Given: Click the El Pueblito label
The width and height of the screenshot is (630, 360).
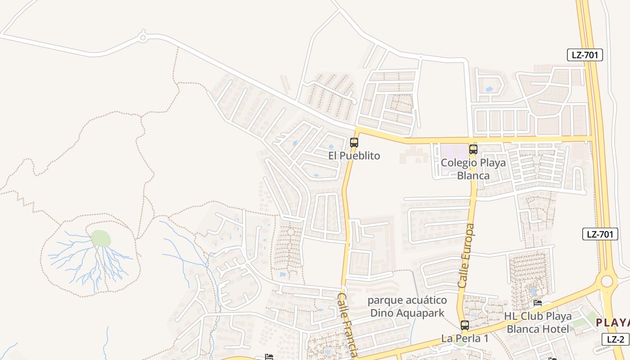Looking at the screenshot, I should (x=354, y=156).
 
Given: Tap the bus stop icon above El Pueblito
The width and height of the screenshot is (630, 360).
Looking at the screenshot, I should (x=354, y=143).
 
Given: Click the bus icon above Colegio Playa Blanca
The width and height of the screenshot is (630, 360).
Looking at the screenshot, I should (x=473, y=149).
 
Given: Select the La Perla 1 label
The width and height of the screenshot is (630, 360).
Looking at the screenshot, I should (x=464, y=338).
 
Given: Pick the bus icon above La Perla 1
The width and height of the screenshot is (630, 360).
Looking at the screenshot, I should (x=464, y=325).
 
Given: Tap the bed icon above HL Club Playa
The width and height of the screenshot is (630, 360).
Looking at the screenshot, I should (x=537, y=303).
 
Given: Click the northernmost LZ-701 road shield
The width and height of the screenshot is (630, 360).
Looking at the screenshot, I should (x=585, y=55).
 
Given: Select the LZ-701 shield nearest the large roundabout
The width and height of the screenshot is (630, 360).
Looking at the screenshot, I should (x=600, y=234).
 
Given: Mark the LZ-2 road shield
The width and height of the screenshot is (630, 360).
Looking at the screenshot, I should (x=615, y=339).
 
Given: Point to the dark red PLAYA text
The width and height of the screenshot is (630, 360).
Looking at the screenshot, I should (x=612, y=322).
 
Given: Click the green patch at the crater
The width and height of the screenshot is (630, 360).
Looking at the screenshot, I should (x=101, y=238).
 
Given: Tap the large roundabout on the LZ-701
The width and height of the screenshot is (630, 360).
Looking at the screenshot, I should (x=607, y=281).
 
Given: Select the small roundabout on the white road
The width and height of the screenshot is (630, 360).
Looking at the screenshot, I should (x=143, y=38).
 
